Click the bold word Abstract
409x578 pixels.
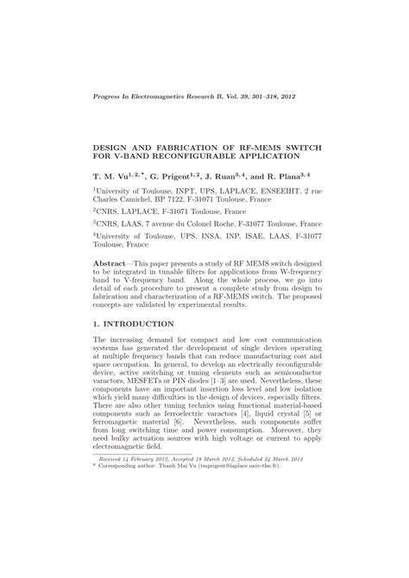click(x=112, y=261)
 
